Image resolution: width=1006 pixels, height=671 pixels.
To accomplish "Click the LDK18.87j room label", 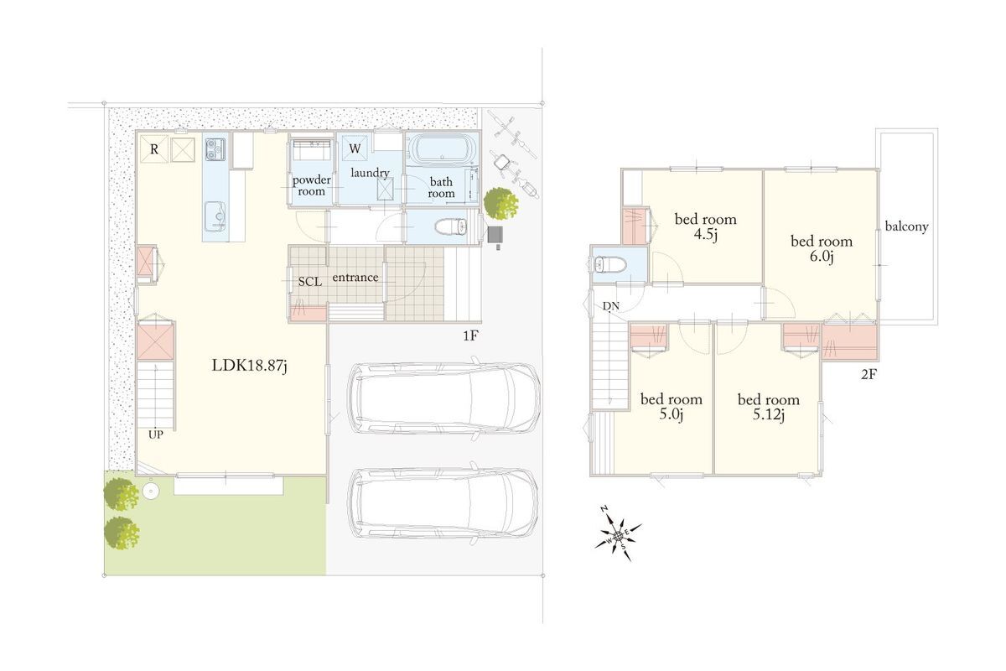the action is (250, 366).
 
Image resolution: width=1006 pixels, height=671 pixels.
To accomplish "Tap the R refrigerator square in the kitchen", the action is (154, 149).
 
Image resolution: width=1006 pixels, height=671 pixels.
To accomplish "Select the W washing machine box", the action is (355, 148).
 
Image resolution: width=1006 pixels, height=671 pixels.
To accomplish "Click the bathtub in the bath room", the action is (443, 150).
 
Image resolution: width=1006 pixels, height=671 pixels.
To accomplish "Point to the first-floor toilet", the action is (451, 226).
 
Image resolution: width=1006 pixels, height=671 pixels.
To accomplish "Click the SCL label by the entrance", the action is (310, 282).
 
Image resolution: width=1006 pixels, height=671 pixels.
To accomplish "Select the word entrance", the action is (355, 278).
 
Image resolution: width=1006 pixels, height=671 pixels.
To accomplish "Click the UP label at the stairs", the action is (155, 434).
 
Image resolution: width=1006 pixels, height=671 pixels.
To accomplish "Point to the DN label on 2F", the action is (611, 306).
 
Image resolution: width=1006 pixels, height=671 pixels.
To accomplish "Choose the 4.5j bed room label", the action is (706, 226).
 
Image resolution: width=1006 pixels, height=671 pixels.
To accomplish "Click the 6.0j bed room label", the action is (822, 248).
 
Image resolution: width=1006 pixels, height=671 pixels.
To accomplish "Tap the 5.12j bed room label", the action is (769, 407).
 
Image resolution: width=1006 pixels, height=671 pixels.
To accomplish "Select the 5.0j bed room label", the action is (671, 407).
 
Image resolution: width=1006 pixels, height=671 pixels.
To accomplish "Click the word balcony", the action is (906, 226).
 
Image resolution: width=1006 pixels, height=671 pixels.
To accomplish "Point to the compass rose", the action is (619, 534).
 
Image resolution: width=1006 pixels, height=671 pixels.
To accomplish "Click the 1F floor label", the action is (470, 335).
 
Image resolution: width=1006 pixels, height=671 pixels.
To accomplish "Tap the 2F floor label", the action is (869, 374).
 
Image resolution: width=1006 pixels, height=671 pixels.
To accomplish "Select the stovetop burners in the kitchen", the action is (215, 149).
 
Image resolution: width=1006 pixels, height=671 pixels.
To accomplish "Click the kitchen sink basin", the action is (215, 216).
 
